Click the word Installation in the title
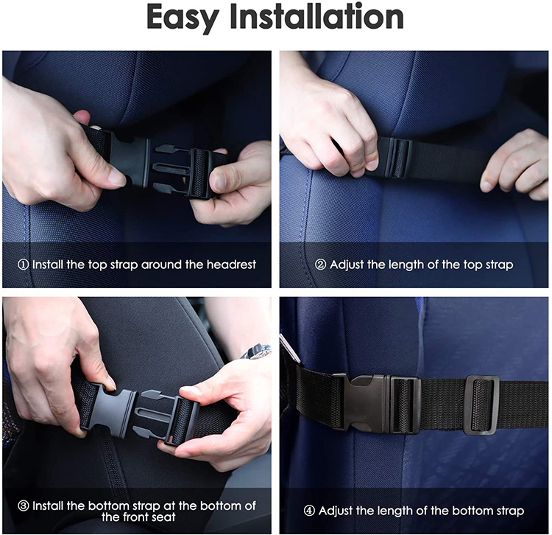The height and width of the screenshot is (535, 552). pos(333,18)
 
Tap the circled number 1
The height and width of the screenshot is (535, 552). pos(24,265)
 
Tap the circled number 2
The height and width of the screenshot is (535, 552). pos(320,265)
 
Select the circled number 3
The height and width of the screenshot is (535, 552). pos(24,506)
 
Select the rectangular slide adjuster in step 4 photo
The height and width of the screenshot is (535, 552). pos(481,405)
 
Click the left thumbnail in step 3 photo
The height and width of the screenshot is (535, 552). pos(109,383)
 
